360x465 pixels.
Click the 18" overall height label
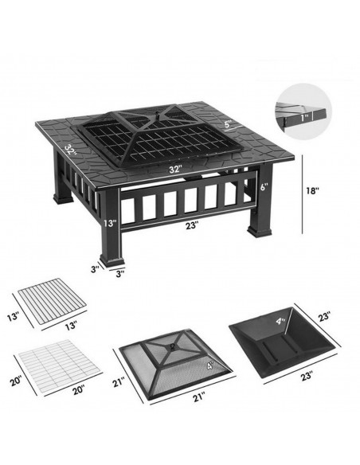pos(312,190)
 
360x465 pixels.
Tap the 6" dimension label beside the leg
pos(264,187)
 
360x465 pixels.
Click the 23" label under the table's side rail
pos(192,225)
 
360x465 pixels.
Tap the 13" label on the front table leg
pos(110,223)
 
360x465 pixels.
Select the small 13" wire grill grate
pos(53,300)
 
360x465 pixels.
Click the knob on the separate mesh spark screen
pos(172,347)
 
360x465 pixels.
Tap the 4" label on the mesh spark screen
pos(210,365)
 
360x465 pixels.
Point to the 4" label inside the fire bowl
pos(280,321)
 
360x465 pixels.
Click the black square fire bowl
pos(284,342)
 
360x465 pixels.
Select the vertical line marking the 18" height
pos(303,194)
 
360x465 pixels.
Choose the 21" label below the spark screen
pos(198,397)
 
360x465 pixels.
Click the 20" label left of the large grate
pos(16,381)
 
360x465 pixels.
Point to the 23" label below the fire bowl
pos(307,376)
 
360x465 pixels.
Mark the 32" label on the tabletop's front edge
pos(175,170)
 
